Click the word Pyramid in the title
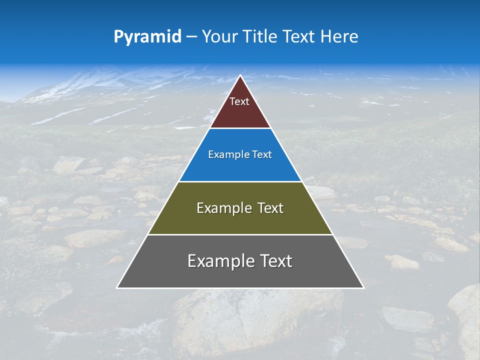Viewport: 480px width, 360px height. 147,37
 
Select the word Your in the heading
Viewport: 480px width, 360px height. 220,37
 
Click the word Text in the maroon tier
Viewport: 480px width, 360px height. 239,102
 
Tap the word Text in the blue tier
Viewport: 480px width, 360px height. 260,155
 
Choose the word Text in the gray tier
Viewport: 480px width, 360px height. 275,261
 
